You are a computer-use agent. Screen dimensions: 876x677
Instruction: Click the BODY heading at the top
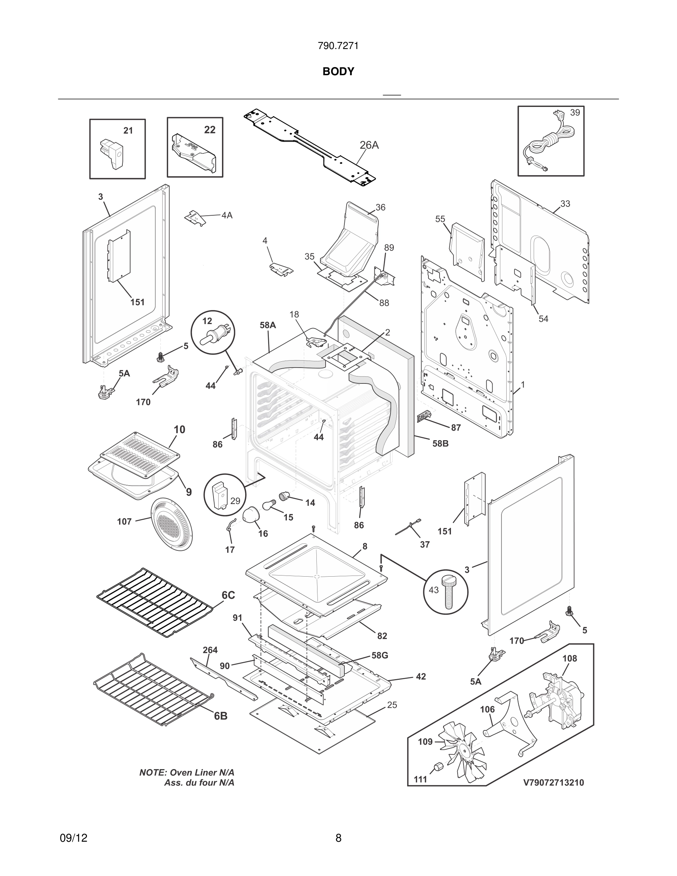pos(338,72)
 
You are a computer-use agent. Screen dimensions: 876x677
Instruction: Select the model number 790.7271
pos(338,46)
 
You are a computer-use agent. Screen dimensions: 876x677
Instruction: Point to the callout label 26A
pos(369,145)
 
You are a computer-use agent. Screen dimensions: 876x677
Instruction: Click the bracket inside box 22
pos(194,153)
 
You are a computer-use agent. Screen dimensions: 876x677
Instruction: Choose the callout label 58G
pos(379,656)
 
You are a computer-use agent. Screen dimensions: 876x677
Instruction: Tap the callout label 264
pos(210,650)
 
